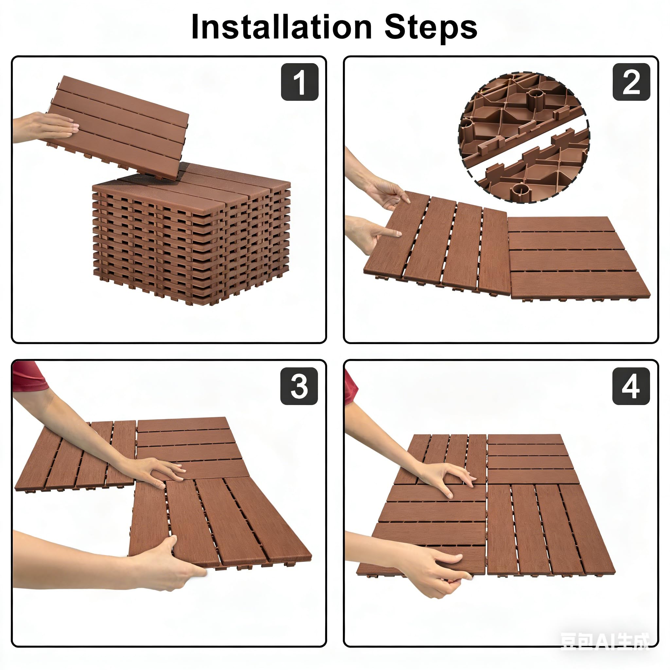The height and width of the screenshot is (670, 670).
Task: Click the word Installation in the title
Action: (x=282, y=27)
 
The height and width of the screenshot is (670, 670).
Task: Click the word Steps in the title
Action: (x=431, y=28)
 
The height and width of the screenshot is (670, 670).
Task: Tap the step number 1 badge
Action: (x=300, y=82)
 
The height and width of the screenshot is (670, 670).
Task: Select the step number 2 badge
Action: (x=631, y=82)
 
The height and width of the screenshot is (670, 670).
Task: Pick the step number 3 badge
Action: (x=299, y=386)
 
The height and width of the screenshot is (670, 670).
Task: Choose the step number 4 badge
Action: (x=631, y=386)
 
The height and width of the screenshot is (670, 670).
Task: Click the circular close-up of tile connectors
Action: (x=524, y=138)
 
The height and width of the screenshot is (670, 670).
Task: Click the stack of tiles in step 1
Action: (x=191, y=234)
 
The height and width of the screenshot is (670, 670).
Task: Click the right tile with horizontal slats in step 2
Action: (x=578, y=257)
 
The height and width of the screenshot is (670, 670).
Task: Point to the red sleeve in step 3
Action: (x=29, y=377)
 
